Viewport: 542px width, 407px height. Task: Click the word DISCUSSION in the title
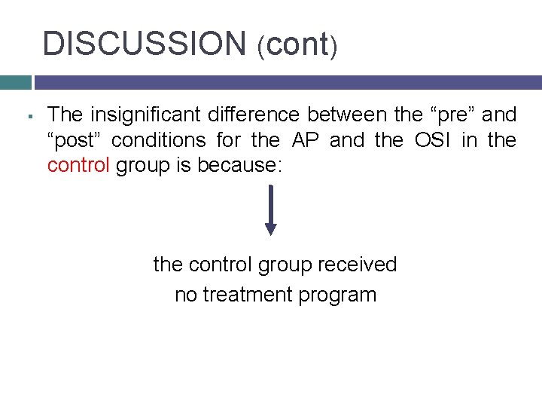pos(144,44)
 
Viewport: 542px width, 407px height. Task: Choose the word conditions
pos(163,140)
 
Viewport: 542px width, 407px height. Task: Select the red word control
pos(78,165)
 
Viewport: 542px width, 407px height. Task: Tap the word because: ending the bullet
pos(239,165)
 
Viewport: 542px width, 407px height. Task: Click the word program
pos(337,295)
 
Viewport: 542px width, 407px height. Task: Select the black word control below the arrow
pos(224,265)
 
